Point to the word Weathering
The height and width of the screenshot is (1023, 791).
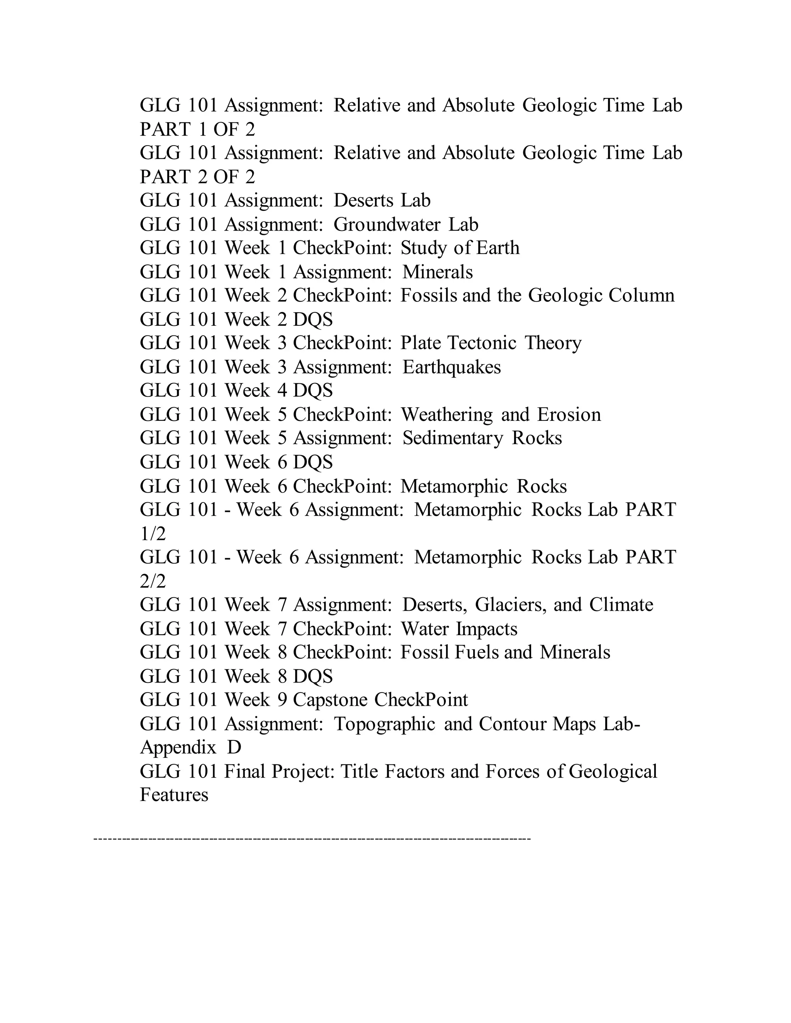(446, 415)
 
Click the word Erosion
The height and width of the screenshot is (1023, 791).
(569, 415)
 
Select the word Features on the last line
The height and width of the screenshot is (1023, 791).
(174, 795)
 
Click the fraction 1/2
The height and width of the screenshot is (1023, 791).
(153, 534)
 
